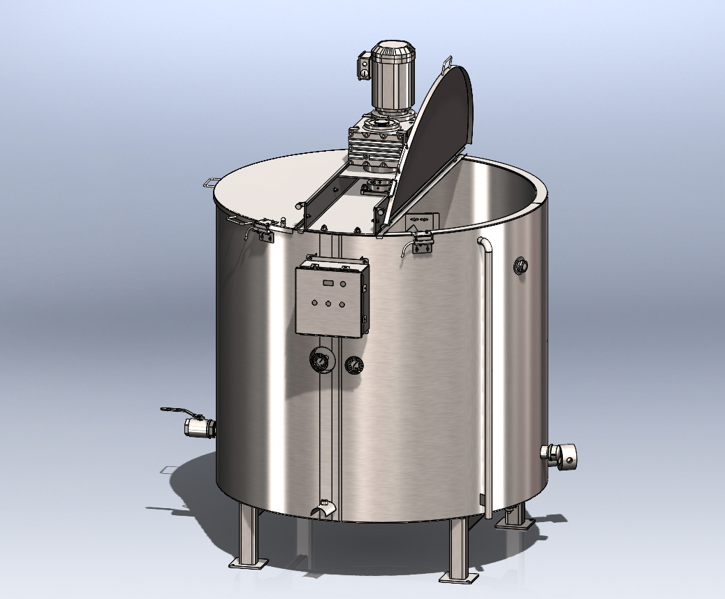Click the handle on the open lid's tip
tap(447, 65)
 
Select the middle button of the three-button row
tap(328, 304)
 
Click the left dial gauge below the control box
tap(320, 361)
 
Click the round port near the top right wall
tap(521, 265)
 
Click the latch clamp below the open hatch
tap(423, 243)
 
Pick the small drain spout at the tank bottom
tap(323, 510)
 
